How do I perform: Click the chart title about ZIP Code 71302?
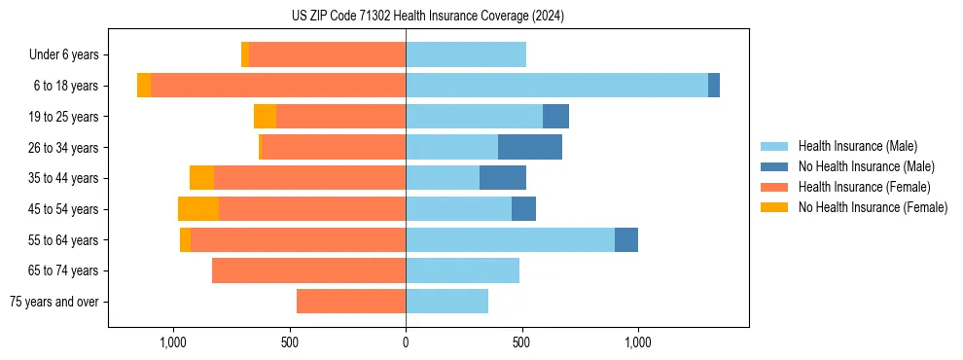click(x=427, y=16)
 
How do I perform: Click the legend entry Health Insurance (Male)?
click(x=857, y=146)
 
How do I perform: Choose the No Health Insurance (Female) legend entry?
click(x=873, y=207)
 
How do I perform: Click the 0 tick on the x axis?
click(x=406, y=342)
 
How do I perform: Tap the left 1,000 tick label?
click(x=173, y=342)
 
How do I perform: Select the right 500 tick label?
click(x=522, y=342)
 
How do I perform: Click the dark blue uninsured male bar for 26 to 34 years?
click(x=530, y=147)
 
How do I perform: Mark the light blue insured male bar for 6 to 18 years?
click(x=556, y=86)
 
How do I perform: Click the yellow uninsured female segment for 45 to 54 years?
click(x=198, y=209)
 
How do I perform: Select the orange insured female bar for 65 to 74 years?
click(x=308, y=270)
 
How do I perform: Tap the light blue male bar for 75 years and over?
click(x=446, y=302)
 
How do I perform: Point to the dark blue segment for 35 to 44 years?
click(x=503, y=178)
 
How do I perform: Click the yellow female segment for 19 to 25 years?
click(x=265, y=117)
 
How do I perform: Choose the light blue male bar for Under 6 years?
click(x=466, y=55)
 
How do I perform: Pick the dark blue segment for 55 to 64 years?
click(x=626, y=239)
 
